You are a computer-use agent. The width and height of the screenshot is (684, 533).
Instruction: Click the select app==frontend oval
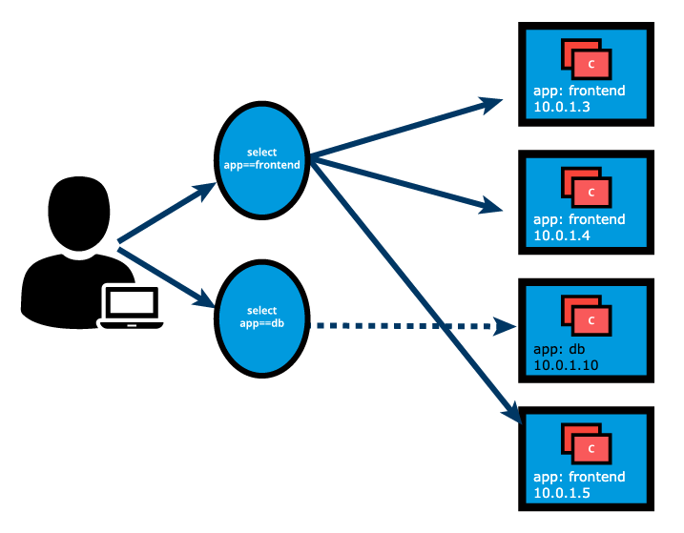[260, 159]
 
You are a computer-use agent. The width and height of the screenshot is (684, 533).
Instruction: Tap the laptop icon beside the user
[132, 307]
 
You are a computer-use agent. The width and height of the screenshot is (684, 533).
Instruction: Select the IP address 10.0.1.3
[561, 107]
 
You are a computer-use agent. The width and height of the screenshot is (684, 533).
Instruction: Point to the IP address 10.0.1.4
[561, 236]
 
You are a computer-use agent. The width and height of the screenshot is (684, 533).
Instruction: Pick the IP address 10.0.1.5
[561, 493]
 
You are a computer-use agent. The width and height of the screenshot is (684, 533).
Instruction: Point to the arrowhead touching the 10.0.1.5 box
[510, 415]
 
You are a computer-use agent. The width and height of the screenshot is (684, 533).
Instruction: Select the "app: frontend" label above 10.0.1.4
[579, 220]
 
